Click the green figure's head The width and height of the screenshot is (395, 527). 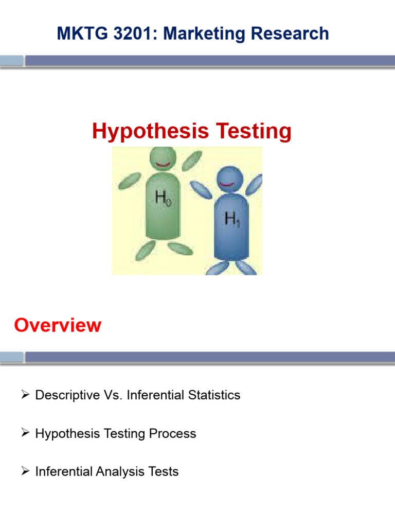[163, 157]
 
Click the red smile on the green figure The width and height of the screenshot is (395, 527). [163, 165]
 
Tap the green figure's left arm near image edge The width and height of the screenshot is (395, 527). [129, 181]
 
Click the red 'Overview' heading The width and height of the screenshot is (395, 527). [58, 325]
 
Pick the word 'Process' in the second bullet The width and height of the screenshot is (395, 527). [172, 433]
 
